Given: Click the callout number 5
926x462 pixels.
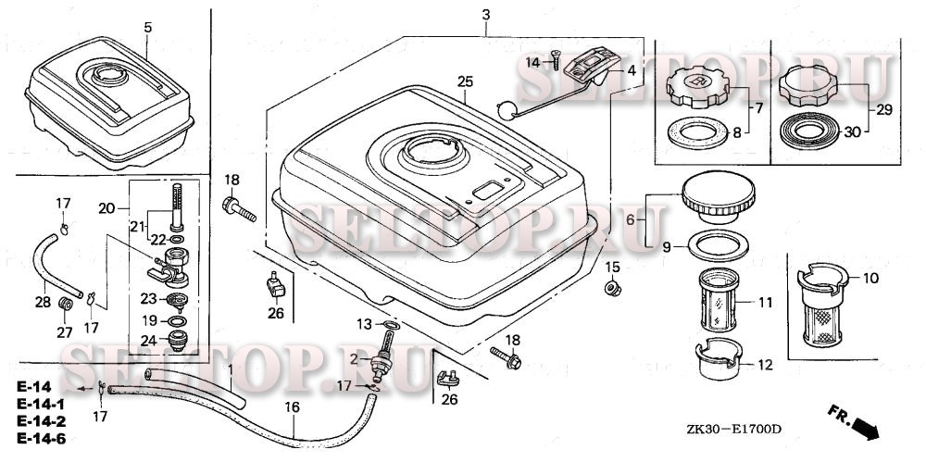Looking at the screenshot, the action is click(x=147, y=27).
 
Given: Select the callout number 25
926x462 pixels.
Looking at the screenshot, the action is click(x=465, y=82).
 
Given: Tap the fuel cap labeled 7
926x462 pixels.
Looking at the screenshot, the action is click(x=700, y=87).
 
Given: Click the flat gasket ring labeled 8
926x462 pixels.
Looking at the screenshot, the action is click(x=698, y=133).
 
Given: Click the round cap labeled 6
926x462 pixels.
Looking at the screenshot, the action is click(x=719, y=197).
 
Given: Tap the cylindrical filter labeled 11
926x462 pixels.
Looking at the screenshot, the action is click(x=719, y=300).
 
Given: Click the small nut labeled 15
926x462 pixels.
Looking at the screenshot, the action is click(x=613, y=289).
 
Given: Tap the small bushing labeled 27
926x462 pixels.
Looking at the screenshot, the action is click(x=65, y=305).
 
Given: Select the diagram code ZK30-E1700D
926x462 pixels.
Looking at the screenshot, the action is click(x=733, y=430).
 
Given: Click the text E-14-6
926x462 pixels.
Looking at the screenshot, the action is click(x=41, y=438).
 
